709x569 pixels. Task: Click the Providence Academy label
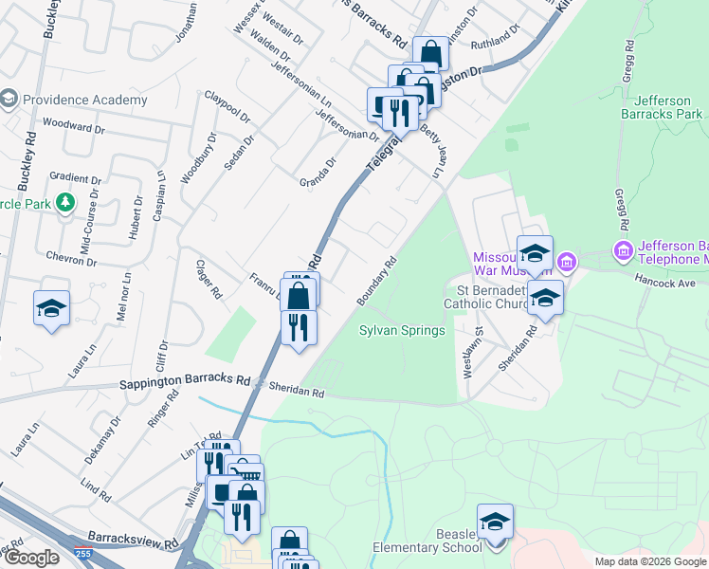click(x=84, y=100)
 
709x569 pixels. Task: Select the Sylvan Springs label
click(x=402, y=331)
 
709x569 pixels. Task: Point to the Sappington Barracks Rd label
click(x=184, y=384)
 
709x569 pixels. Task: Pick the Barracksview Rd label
click(x=134, y=544)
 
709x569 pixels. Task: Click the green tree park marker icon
click(x=64, y=203)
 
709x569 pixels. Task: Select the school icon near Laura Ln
click(x=51, y=307)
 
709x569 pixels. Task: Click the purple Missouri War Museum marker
click(x=567, y=260)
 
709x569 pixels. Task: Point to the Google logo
click(x=32, y=558)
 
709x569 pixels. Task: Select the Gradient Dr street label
click(x=76, y=178)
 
